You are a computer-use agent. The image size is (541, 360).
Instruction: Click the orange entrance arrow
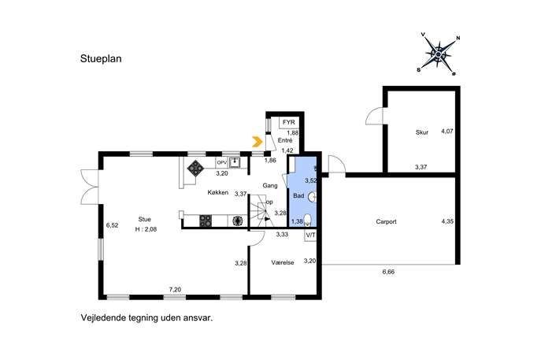pyautogui.click(x=258, y=142)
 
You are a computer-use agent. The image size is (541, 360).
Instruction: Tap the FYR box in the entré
pyautogui.click(x=289, y=123)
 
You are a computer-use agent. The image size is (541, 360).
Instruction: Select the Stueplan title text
pyautogui.click(x=101, y=58)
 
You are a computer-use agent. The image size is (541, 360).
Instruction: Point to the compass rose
pyautogui.click(x=439, y=54)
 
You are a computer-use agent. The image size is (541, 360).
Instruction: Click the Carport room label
pyautogui.click(x=386, y=221)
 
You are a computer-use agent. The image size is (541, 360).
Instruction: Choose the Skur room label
pyautogui.click(x=422, y=132)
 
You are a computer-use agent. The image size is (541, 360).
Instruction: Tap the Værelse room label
pyautogui.click(x=283, y=262)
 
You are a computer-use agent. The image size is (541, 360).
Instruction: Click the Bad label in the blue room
pyautogui.click(x=298, y=195)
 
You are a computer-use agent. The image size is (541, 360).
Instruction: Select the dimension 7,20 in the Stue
pyautogui.click(x=175, y=290)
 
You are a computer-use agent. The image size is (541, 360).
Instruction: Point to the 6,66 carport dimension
pyautogui.click(x=388, y=272)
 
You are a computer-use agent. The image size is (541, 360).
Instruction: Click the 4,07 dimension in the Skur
pyautogui.click(x=447, y=132)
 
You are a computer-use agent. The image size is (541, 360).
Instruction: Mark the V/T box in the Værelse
pyautogui.click(x=310, y=236)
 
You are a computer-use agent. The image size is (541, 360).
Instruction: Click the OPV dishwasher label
pyautogui.click(x=221, y=162)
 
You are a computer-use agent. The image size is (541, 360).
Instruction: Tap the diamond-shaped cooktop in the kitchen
pyautogui.click(x=195, y=168)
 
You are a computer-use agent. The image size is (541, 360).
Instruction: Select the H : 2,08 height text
pyautogui.click(x=146, y=229)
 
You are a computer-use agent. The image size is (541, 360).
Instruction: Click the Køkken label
pyautogui.click(x=217, y=192)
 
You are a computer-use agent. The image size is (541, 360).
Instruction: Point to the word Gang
pyautogui.click(x=270, y=186)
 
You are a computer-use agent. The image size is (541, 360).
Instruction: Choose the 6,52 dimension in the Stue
pyautogui.click(x=112, y=225)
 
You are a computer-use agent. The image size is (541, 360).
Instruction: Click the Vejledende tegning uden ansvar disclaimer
pyautogui.click(x=146, y=318)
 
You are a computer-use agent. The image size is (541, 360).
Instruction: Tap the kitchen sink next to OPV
pyautogui.click(x=235, y=162)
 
